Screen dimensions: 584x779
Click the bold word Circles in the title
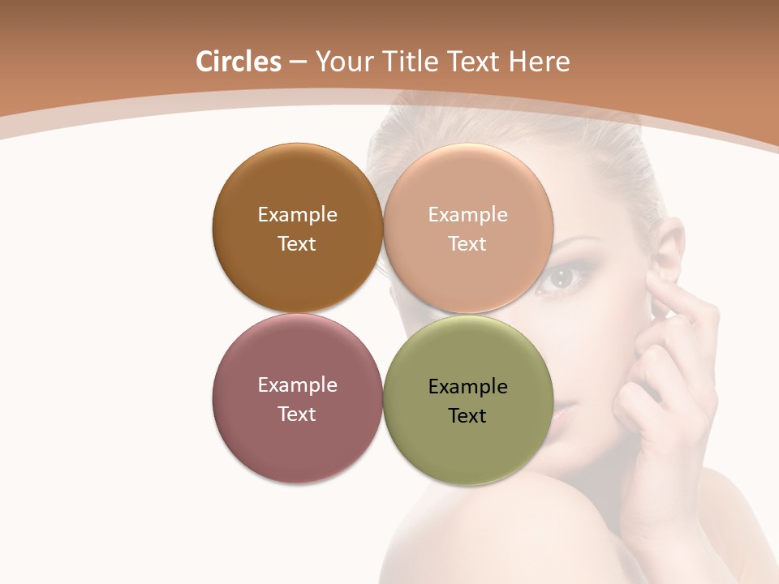pos(239,62)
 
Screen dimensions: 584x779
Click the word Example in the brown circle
pos(297,214)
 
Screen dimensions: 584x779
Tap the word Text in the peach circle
pos(467,243)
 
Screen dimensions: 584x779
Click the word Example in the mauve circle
pos(297,384)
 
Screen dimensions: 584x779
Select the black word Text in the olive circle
pos(467,415)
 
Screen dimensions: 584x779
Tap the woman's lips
pos(560,410)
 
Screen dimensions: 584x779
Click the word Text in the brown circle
pos(297,243)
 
